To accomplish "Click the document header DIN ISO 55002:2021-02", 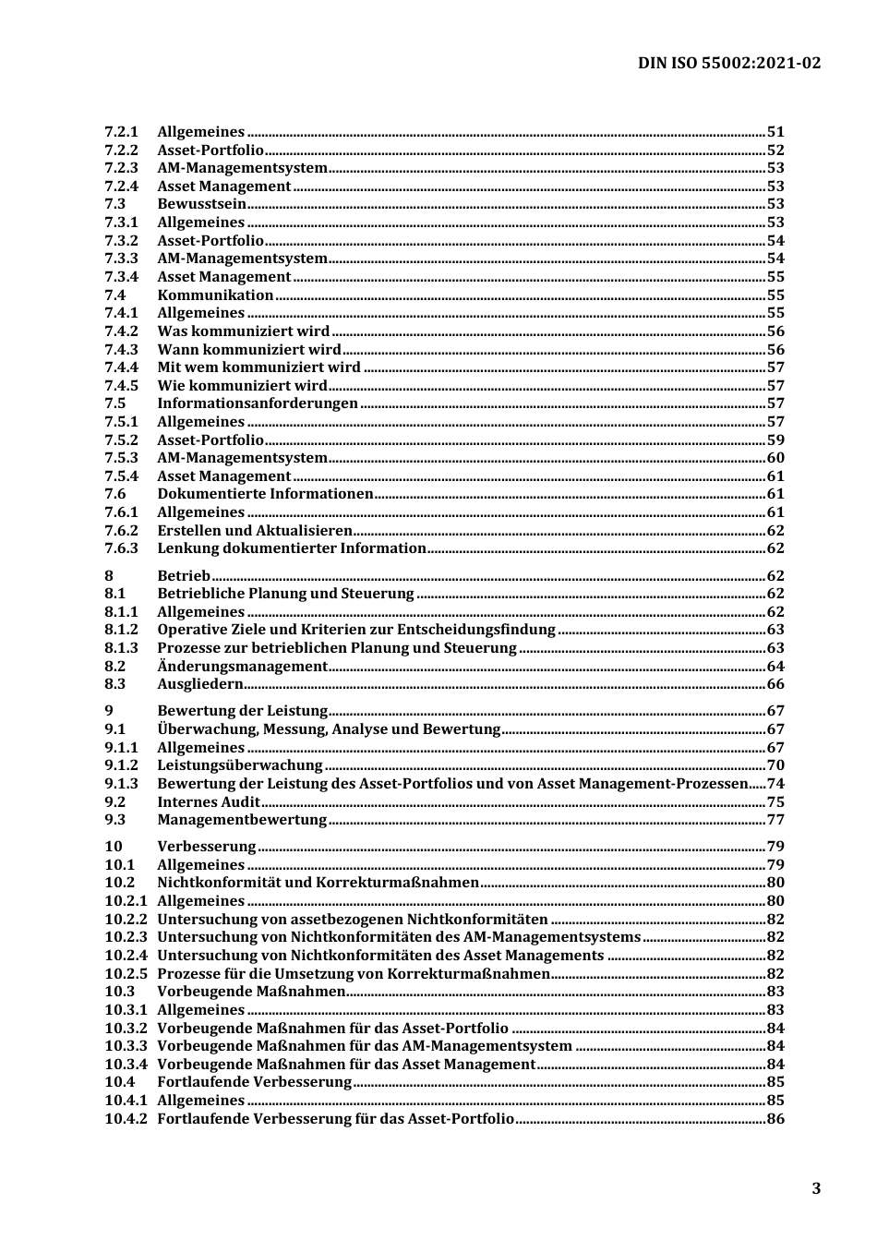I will tap(728, 63).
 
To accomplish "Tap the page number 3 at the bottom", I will tap(815, 1188).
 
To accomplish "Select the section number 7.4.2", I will tap(121, 331).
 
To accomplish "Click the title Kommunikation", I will tap(215, 295).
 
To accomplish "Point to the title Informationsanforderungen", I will tap(257, 403).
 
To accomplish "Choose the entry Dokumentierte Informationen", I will tap(265, 494).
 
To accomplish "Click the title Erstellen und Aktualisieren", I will tap(255, 531).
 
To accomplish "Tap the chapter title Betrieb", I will tap(184, 576).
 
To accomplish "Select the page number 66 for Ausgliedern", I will tap(775, 684).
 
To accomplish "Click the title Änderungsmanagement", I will tap(242, 667).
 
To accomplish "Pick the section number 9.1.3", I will tap(121, 784).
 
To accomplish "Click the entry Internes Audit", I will tap(209, 802).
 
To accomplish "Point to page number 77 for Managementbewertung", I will tap(775, 820).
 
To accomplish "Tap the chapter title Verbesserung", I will tap(207, 847).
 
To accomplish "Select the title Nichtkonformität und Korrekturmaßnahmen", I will tap(318, 883).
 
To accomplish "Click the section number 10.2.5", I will tap(126, 974).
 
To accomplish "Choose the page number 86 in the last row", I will tap(775, 1119).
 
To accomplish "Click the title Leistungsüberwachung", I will tap(240, 765).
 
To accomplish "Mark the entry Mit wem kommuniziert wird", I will tap(258, 367).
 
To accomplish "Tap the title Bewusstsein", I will tap(201, 204).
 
